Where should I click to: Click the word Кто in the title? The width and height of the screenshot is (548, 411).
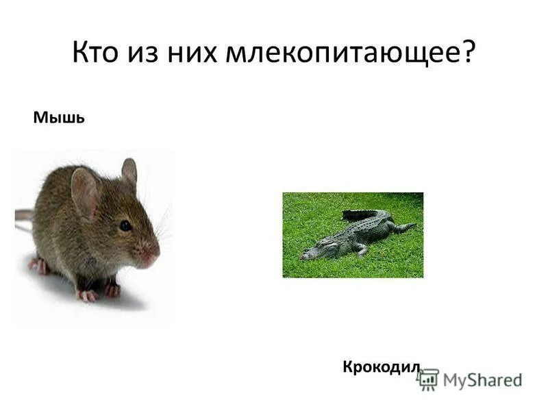pyautogui.click(x=95, y=53)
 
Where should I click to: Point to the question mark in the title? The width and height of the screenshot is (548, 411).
pyautogui.click(x=467, y=53)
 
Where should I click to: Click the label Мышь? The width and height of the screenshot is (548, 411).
pyautogui.click(x=59, y=119)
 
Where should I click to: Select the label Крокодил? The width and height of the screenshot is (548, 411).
pyautogui.click(x=380, y=367)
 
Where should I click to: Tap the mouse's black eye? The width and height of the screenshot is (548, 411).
pyautogui.click(x=125, y=225)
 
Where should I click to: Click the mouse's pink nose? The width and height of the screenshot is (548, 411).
pyautogui.click(x=150, y=258)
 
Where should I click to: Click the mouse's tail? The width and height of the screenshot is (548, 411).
pyautogui.click(x=24, y=216)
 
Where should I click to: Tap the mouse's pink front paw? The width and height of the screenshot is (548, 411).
pyautogui.click(x=87, y=295)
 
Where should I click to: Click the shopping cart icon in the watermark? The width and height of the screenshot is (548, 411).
pyautogui.click(x=428, y=379)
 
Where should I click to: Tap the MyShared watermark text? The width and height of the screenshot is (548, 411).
pyautogui.click(x=482, y=380)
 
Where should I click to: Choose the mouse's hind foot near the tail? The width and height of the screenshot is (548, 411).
pyautogui.click(x=38, y=265)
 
